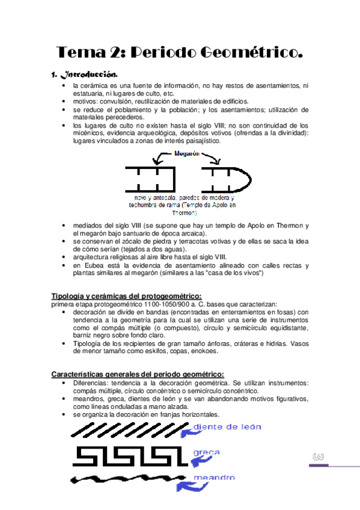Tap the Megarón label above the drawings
pyautogui.click(x=186, y=154)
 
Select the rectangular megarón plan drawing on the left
pyautogui.click(x=150, y=179)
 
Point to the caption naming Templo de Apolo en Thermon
pyautogui.click(x=183, y=204)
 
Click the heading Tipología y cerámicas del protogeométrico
pyautogui.click(x=126, y=296)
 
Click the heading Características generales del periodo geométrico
pyautogui.click(x=138, y=374)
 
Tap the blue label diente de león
pyautogui.click(x=228, y=427)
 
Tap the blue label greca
pyautogui.click(x=206, y=452)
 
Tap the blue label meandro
pyautogui.click(x=214, y=478)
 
